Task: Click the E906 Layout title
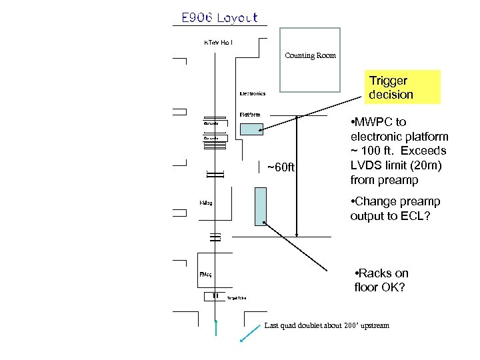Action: [x=219, y=18]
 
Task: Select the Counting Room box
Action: [x=309, y=59]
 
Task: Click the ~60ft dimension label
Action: [x=280, y=167]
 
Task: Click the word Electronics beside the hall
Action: [x=252, y=93]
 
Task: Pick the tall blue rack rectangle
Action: [x=260, y=206]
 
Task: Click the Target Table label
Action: [x=237, y=298]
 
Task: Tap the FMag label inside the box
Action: [x=205, y=274]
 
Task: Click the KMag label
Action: [x=205, y=203]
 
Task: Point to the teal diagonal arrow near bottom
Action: [x=250, y=334]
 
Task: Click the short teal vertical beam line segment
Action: [x=216, y=331]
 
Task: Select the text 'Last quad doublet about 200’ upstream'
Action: [x=326, y=325]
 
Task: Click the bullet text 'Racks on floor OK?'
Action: [x=382, y=281]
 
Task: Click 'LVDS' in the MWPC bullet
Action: [x=365, y=165]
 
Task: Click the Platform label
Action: [x=250, y=114]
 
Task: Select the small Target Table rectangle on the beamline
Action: [x=215, y=296]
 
